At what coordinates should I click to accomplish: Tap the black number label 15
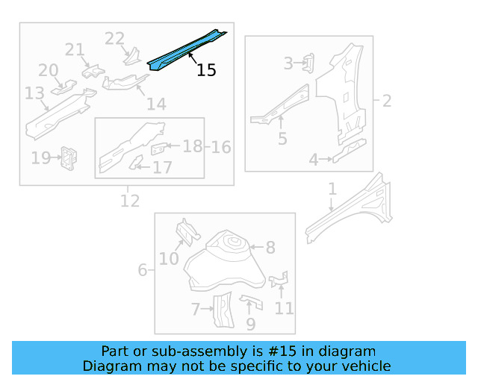tap(206, 70)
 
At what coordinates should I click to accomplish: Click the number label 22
tap(114, 38)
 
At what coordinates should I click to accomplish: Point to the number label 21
tap(75, 50)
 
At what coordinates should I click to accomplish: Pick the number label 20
tap(49, 70)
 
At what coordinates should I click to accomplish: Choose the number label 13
tap(34, 93)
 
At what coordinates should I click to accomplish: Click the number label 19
tap(40, 157)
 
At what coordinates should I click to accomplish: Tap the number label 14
tap(156, 104)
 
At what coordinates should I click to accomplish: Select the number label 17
tap(162, 167)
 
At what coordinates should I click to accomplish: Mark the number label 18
tap(193, 146)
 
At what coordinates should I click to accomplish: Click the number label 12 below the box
tap(129, 201)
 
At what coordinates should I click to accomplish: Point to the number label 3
tap(288, 63)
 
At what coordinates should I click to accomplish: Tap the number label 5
tap(282, 138)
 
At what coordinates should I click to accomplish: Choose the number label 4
tap(314, 159)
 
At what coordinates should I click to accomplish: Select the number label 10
tap(169, 258)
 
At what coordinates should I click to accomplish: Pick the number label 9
tap(251, 325)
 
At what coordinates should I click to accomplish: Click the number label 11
tap(284, 307)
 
